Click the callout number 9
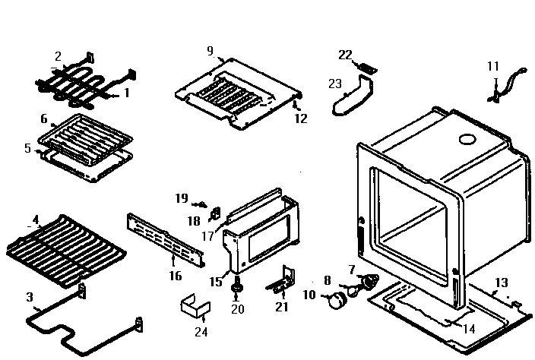210,51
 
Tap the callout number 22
346,55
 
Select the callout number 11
493,67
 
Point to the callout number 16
176,276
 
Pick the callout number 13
501,283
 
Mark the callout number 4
35,220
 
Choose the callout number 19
181,198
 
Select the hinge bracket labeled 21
280,283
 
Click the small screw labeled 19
201,204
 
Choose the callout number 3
30,296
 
